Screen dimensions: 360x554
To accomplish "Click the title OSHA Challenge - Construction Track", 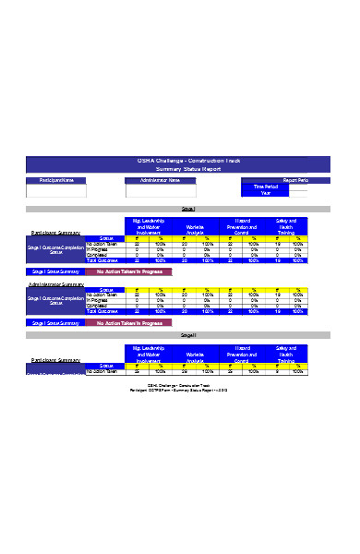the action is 179,161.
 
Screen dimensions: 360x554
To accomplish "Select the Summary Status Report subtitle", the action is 179,169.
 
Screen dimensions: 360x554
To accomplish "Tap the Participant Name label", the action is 55,180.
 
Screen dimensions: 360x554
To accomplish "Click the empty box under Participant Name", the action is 55,191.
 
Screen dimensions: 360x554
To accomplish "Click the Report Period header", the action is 294,180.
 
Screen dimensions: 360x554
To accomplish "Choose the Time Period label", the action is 265,187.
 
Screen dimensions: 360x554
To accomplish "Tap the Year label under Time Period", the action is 266,193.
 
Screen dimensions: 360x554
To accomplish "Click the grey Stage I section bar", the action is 179,210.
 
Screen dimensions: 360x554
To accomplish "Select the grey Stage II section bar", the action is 179,334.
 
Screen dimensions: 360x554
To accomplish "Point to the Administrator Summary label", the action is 55,286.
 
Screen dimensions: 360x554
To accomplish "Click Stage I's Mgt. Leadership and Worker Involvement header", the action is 149,226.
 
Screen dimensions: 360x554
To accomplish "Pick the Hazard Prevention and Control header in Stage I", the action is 243,226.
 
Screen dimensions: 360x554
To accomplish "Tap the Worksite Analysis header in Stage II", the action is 195,355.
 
